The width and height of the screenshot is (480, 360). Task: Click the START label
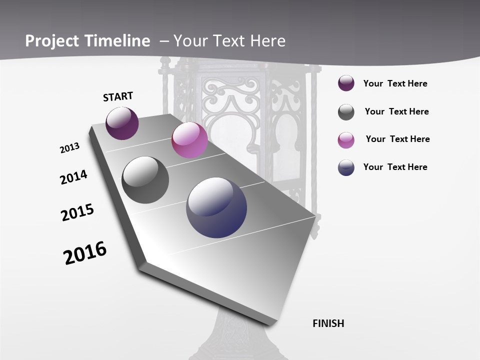click(x=118, y=96)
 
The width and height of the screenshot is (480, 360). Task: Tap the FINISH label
click(x=328, y=323)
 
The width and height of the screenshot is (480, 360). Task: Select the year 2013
click(x=69, y=148)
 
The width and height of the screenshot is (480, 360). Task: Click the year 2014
click(x=73, y=177)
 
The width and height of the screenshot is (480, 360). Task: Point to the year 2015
click(x=77, y=212)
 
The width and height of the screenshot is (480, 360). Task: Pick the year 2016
click(x=85, y=252)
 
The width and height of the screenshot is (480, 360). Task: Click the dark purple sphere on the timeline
click(x=122, y=123)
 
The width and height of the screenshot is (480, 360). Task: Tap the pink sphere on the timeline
click(x=189, y=140)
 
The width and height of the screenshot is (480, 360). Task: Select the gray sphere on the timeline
click(x=145, y=180)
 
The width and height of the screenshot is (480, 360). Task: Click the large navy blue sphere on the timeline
click(x=216, y=207)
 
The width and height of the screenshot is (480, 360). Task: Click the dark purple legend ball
click(x=346, y=83)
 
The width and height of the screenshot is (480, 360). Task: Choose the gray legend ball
click(x=346, y=112)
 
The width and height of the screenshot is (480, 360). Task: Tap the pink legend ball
click(x=346, y=140)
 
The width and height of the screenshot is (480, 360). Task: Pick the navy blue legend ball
click(x=346, y=167)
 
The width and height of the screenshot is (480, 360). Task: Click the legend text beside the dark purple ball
click(x=395, y=83)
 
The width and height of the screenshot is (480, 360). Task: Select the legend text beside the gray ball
click(x=396, y=111)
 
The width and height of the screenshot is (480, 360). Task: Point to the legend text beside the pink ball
click(x=397, y=139)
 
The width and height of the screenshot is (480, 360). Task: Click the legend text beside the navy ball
click(x=395, y=167)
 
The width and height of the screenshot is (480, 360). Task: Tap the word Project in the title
click(x=50, y=41)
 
